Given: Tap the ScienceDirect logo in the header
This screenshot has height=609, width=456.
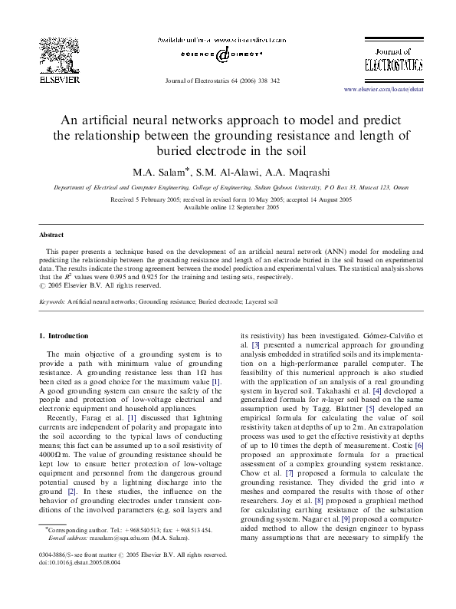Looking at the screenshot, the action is coord(222,54).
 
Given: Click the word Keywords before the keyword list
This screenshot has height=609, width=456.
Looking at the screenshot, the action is coord(51,302).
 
